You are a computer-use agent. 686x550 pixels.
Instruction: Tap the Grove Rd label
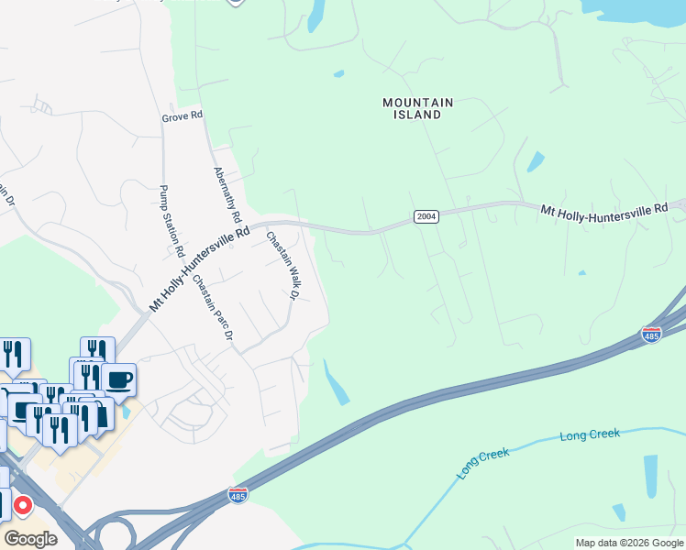182,116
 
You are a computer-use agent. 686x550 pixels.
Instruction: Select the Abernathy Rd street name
227,195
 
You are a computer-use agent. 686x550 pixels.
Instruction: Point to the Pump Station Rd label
172,221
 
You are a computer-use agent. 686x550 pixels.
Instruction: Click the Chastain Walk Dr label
283,266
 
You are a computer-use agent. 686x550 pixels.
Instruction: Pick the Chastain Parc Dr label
213,309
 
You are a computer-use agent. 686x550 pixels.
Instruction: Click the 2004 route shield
426,216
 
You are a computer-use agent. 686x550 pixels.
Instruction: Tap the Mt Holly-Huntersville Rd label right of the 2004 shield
603,211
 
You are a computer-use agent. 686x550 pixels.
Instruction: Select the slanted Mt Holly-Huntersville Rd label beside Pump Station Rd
199,268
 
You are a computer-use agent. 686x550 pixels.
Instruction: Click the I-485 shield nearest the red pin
238,495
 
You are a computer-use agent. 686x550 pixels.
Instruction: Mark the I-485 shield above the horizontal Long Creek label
652,335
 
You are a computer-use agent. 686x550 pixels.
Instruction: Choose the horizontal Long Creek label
590,434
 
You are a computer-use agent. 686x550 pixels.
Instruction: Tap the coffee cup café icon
118,379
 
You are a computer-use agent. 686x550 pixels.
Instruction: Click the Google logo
30,538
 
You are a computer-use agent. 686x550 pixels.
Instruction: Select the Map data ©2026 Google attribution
629,543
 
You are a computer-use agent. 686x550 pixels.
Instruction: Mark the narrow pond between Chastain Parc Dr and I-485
337,382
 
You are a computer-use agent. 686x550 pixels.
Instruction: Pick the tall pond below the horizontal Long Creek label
651,475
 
